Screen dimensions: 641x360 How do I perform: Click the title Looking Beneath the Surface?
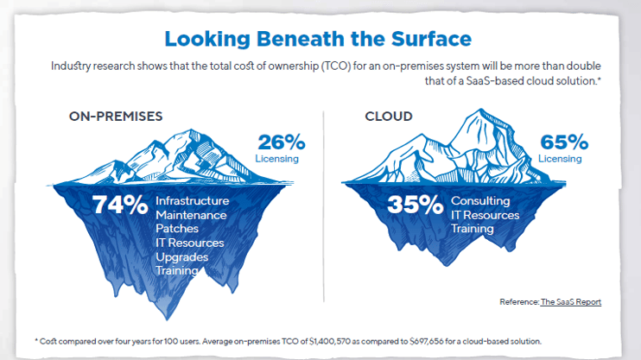318,39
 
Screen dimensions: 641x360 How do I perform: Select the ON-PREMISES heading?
116,117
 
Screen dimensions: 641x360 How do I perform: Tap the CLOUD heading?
389,117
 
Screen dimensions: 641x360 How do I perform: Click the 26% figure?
282,142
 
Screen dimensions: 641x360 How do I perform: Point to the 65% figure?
564,142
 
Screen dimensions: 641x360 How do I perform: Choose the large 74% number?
120,205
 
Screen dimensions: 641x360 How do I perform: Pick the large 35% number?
415,205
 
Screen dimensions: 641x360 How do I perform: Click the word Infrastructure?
192,201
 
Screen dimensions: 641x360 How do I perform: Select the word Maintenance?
191,215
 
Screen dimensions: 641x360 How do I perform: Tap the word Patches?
177,229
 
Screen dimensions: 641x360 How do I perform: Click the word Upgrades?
182,257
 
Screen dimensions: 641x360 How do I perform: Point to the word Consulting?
480,201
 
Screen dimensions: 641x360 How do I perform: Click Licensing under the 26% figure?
276,159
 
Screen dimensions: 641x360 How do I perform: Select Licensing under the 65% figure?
560,159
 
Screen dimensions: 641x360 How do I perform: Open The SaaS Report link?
571,302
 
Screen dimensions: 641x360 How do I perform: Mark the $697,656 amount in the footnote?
427,341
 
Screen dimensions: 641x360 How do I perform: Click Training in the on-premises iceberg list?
177,270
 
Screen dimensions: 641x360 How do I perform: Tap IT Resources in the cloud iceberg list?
485,215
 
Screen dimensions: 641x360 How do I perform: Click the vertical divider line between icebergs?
324,206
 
